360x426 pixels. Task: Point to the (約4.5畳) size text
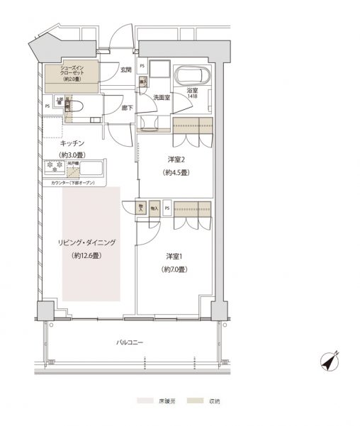pos(175,172)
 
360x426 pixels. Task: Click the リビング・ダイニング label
pos(88,242)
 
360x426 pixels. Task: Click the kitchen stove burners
pos(55,167)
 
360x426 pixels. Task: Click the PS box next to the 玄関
pos(142,67)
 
